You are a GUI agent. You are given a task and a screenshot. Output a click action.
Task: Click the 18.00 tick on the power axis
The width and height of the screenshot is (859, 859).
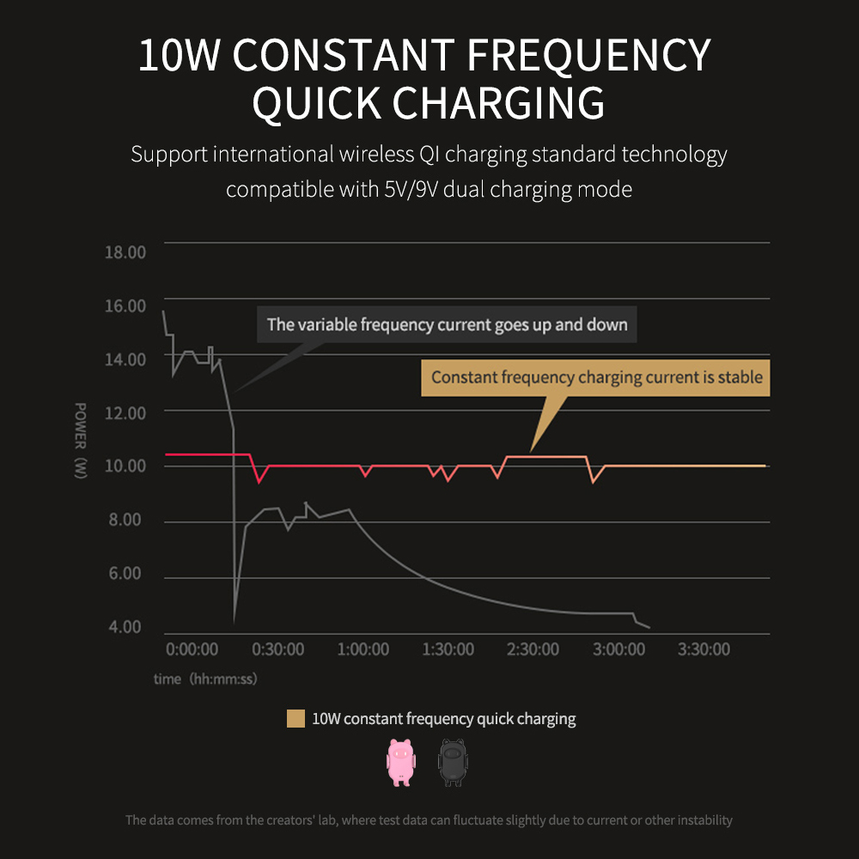pos(125,252)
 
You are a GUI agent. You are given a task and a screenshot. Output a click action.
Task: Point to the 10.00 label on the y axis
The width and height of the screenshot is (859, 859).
pos(125,466)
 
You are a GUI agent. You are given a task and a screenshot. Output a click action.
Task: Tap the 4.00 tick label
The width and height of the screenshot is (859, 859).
pos(125,627)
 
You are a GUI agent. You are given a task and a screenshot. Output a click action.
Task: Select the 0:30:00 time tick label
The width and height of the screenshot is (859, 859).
pos(277,649)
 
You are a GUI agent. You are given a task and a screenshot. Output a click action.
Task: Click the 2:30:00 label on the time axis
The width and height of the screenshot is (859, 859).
pos(533,649)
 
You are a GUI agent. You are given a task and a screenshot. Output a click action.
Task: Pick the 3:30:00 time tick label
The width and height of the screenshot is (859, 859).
pos(704,649)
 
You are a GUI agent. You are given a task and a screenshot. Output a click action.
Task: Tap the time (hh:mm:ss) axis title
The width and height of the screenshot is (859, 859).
pos(205,679)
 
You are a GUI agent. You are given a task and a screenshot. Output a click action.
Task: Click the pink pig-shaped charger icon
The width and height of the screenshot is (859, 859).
pos(400,762)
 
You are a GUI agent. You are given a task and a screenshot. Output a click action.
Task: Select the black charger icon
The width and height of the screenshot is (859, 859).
pos(452,762)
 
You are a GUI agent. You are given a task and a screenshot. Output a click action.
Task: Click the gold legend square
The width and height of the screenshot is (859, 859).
pos(295,719)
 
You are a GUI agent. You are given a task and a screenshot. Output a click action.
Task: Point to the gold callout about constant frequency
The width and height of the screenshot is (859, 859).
pos(596,377)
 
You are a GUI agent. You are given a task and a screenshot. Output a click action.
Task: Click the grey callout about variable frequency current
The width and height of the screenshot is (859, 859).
pos(447,325)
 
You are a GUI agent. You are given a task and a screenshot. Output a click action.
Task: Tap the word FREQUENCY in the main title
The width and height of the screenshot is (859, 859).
pos(588,56)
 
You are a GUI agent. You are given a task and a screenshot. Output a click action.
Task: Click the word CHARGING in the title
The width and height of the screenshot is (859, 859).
pos(499,103)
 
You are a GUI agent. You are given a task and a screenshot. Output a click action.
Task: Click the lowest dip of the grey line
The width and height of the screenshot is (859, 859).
pos(235,620)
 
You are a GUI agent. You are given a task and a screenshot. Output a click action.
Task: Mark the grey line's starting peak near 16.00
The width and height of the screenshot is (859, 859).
pos(163,311)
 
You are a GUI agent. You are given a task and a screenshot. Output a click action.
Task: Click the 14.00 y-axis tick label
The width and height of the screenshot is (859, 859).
pos(125,359)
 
